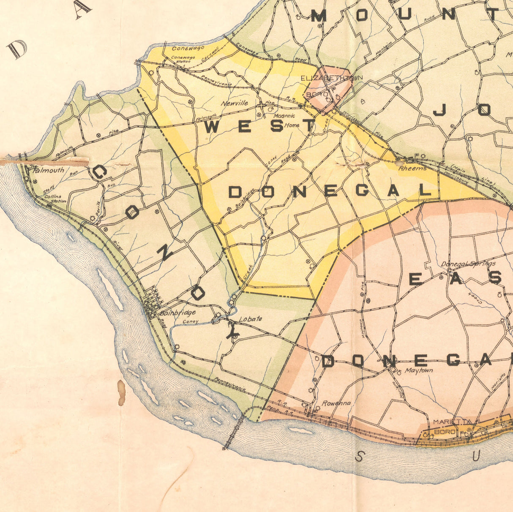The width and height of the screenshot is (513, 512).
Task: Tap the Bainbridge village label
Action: pyautogui.click(x=178, y=313)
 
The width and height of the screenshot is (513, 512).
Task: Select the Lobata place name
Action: pyautogui.click(x=251, y=319)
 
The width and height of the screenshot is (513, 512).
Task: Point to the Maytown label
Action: pyautogui.click(x=418, y=370)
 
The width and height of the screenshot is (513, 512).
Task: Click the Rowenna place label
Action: pyautogui.click(x=336, y=403)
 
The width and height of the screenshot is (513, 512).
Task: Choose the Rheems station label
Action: pyautogui.click(x=412, y=168)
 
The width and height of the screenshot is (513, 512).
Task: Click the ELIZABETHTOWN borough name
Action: pyautogui.click(x=332, y=79)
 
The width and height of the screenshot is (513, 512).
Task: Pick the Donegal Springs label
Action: pyautogui.click(x=468, y=264)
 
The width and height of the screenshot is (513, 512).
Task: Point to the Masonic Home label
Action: pyautogui.click(x=287, y=120)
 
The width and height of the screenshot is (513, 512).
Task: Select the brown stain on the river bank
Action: pyautogui.click(x=121, y=392)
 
